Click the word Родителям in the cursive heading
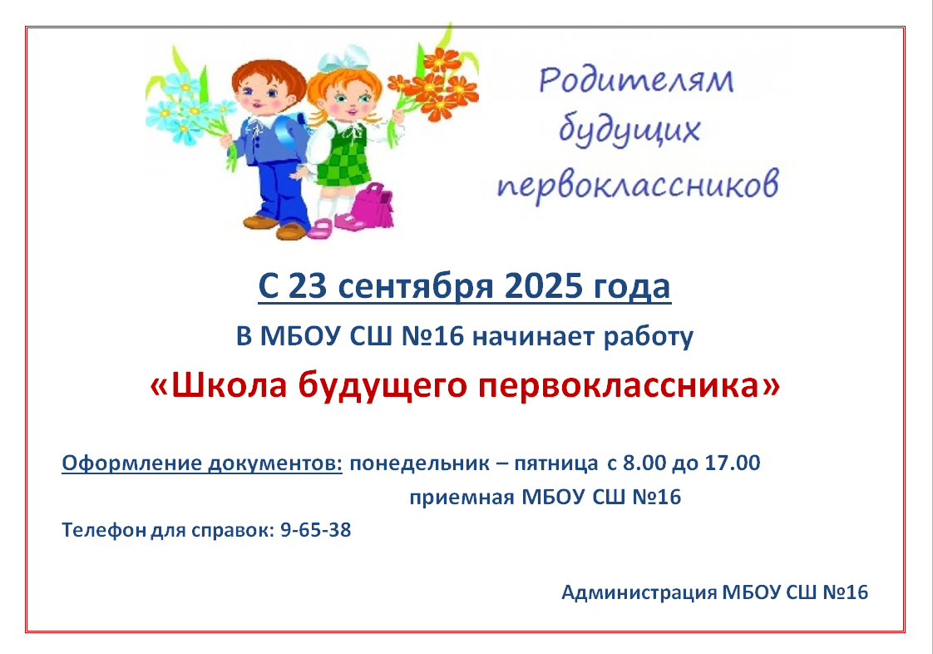[x=636, y=81]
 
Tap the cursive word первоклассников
[x=638, y=183]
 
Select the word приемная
[x=462, y=498]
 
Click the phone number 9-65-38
[x=315, y=529]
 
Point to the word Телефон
[x=104, y=530]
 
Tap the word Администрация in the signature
[x=639, y=592]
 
